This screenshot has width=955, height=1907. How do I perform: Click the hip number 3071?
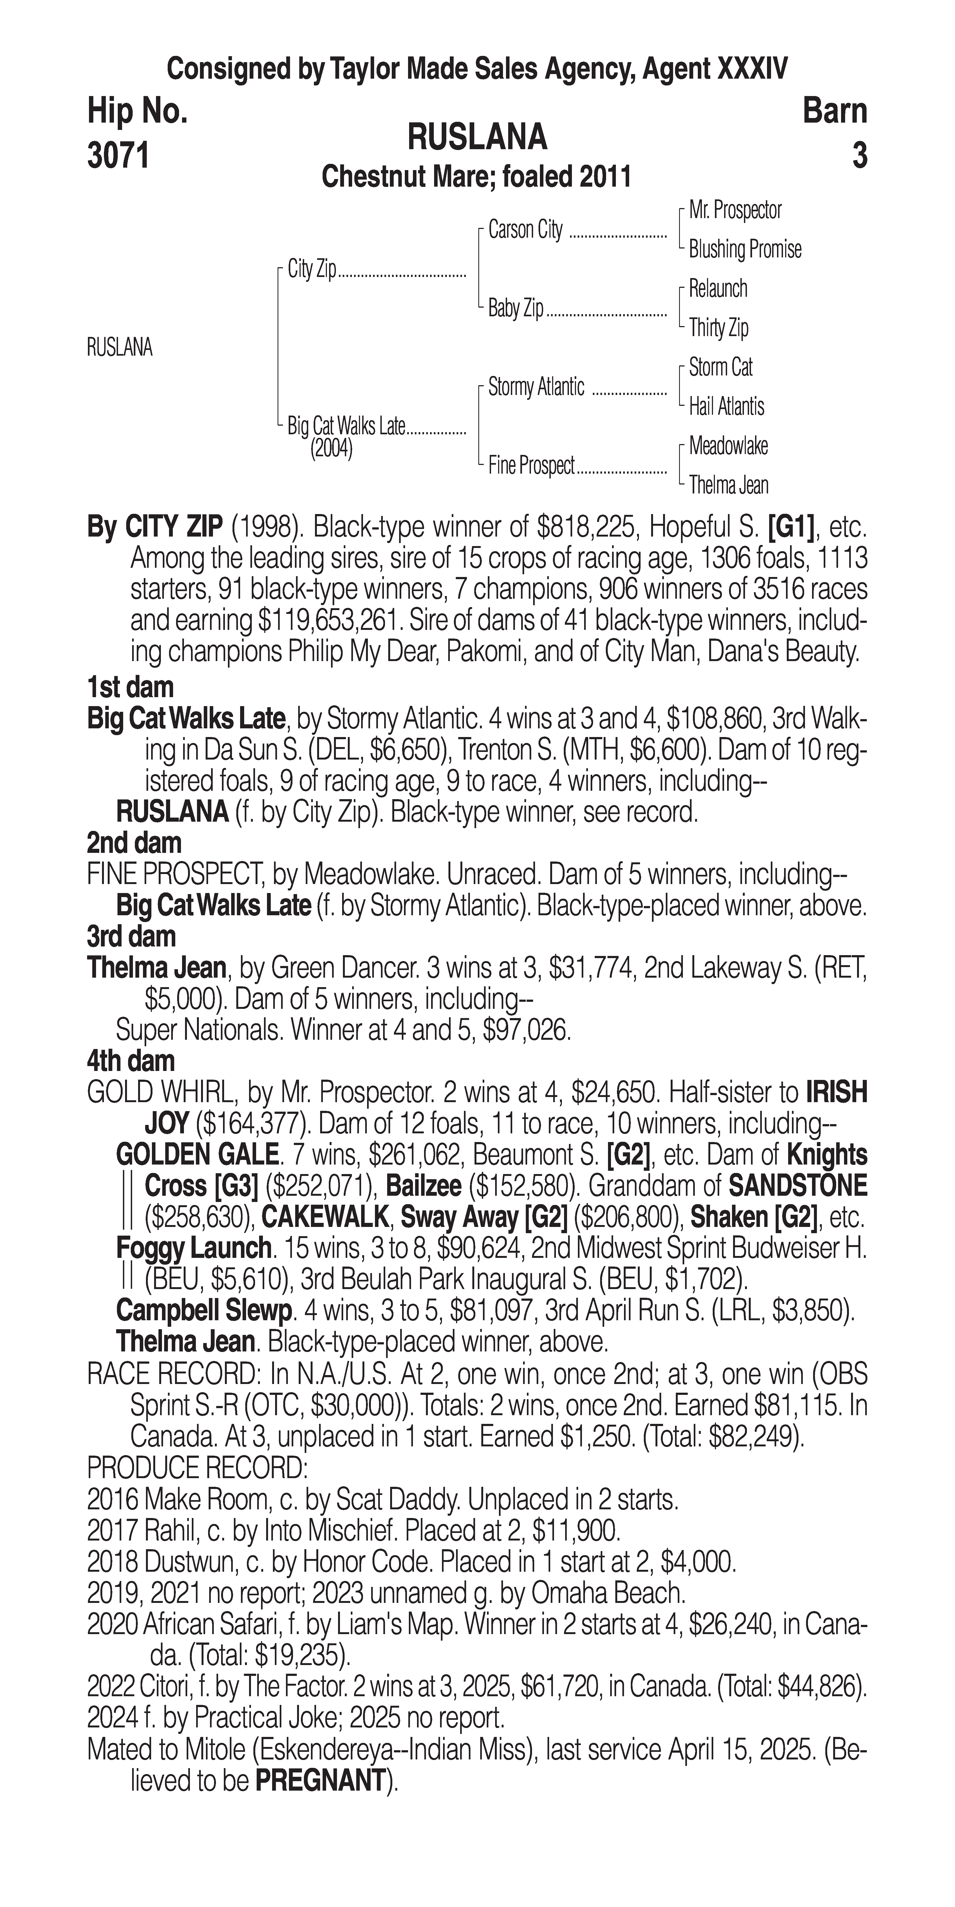click(x=119, y=156)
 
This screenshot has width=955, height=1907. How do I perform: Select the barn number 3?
click(x=859, y=156)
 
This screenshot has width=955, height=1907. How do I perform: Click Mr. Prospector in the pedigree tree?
click(x=735, y=210)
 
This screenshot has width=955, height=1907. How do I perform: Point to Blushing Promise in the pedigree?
click(x=745, y=250)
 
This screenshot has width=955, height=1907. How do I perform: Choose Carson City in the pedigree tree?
click(x=526, y=230)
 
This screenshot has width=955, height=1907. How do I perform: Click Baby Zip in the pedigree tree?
click(x=516, y=308)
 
